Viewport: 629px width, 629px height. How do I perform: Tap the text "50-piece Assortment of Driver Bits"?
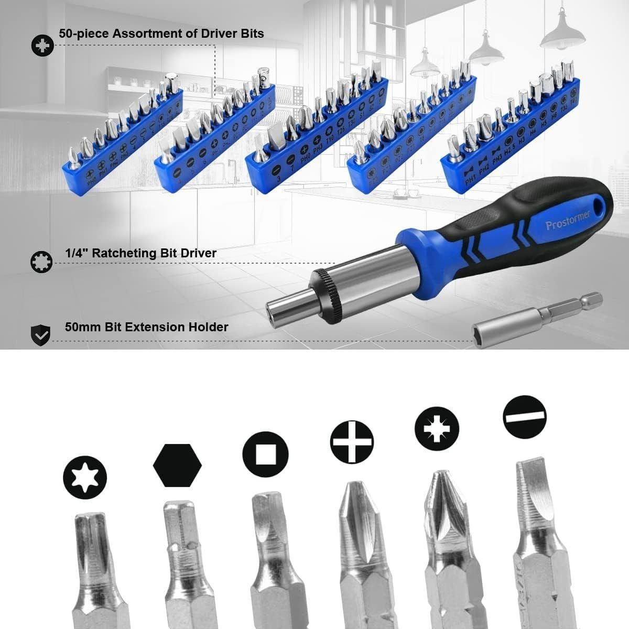click(x=161, y=33)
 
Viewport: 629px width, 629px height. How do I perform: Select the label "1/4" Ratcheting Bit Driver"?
click(x=140, y=253)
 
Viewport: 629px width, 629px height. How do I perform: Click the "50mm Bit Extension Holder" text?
click(x=147, y=327)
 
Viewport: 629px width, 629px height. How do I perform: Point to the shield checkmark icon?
click(x=41, y=333)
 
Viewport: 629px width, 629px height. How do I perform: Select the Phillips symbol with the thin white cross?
click(x=352, y=442)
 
